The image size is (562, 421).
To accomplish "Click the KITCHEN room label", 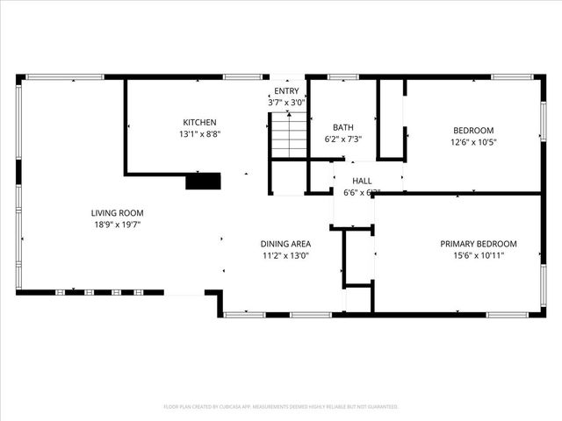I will [199, 122].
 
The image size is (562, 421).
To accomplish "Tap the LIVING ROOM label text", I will [117, 213].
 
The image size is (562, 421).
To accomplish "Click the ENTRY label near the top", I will [286, 91].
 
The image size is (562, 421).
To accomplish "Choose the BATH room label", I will [342, 127].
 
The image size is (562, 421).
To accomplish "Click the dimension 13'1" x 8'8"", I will [199, 134].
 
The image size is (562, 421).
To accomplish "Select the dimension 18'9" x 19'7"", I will [117, 225].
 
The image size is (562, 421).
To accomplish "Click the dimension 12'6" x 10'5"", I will [473, 142].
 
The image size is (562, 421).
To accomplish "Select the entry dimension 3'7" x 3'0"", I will [286, 103].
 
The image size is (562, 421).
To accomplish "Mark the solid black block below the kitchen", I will [203, 182].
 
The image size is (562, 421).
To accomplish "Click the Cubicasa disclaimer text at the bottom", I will [281, 407].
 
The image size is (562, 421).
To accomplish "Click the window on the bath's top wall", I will [342, 77].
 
